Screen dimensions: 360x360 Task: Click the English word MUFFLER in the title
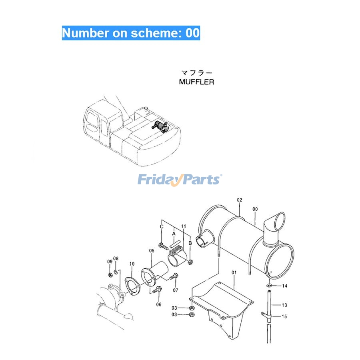click(x=196, y=82)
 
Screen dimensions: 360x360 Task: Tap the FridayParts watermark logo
click(x=180, y=180)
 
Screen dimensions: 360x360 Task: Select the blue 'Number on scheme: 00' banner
click(x=131, y=33)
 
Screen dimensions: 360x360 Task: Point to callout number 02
click(x=240, y=200)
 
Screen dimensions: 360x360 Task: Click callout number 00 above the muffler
click(x=255, y=209)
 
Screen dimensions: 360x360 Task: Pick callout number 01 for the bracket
click(x=234, y=272)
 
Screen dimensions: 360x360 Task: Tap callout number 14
click(x=284, y=286)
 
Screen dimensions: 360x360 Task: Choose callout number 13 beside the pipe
click(x=284, y=305)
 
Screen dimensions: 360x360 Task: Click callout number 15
click(x=284, y=317)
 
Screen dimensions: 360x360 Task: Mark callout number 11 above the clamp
click(x=184, y=226)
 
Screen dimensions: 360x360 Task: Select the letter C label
click(x=162, y=227)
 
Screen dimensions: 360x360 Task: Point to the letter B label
click(x=190, y=243)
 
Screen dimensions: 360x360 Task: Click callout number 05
click(x=152, y=251)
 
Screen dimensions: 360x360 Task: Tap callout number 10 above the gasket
click(x=132, y=264)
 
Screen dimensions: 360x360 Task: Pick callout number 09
click(x=110, y=262)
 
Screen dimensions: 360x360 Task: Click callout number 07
click(x=176, y=290)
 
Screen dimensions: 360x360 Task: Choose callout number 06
click(x=159, y=305)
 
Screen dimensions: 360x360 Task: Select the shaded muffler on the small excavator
click(x=160, y=126)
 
